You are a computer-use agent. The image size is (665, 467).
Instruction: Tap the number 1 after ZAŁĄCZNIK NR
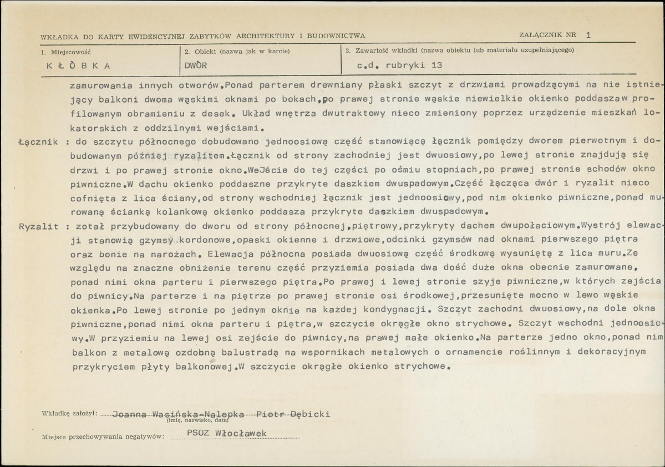pyautogui.click(x=588, y=35)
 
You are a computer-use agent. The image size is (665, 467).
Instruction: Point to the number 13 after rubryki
pyautogui.click(x=436, y=65)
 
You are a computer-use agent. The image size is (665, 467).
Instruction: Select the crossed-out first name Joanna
pyautogui.click(x=129, y=414)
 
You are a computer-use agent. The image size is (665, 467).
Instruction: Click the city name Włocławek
pyautogui.click(x=244, y=433)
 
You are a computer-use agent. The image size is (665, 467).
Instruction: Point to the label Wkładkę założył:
pyautogui.click(x=69, y=414)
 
